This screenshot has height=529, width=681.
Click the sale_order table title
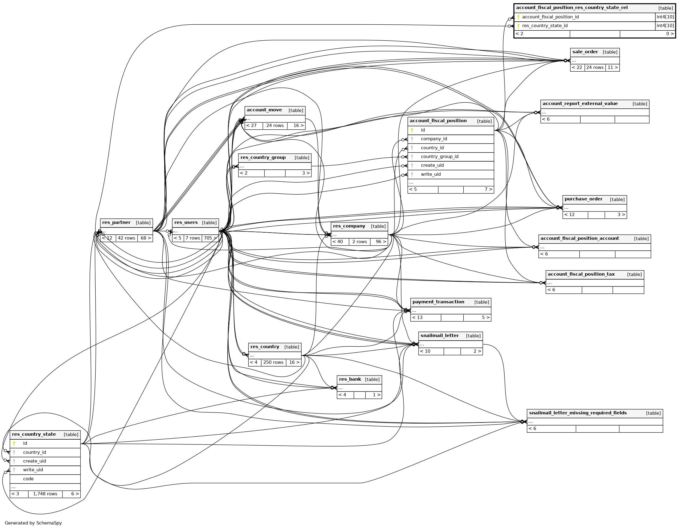(x=585, y=52)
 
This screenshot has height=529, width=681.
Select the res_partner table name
(x=116, y=223)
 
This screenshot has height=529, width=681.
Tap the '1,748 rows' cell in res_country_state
(x=45, y=494)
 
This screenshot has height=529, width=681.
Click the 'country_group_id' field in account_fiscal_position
(x=439, y=156)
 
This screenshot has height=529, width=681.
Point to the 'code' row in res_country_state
(x=28, y=479)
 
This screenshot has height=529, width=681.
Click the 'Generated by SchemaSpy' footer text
(x=33, y=523)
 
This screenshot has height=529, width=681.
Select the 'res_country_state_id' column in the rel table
(x=545, y=26)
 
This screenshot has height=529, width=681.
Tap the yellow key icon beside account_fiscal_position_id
(x=518, y=17)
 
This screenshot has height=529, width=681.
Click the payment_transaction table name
(x=438, y=302)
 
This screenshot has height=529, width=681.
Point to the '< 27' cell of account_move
(x=251, y=125)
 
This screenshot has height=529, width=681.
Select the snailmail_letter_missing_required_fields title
(x=578, y=413)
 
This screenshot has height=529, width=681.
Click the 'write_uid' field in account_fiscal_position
(x=431, y=174)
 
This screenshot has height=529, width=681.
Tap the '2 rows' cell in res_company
(x=360, y=242)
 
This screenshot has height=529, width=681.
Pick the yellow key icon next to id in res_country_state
(x=14, y=443)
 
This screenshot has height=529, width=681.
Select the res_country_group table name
(x=263, y=158)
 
